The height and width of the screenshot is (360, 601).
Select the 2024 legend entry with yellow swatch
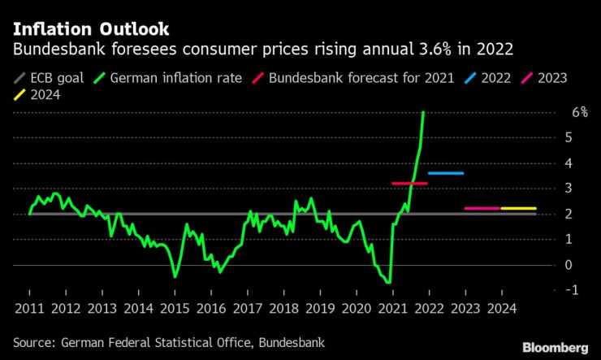point(35,95)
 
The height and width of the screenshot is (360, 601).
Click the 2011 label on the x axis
point(28,309)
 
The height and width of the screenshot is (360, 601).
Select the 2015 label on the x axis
point(174,309)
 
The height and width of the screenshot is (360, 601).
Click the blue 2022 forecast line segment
point(446,173)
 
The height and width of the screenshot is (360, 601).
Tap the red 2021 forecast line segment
point(409,184)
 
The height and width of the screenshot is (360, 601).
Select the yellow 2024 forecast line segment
point(518,209)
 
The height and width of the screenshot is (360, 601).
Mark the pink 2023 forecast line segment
point(482,209)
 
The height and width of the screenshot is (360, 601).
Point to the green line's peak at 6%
point(423,113)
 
